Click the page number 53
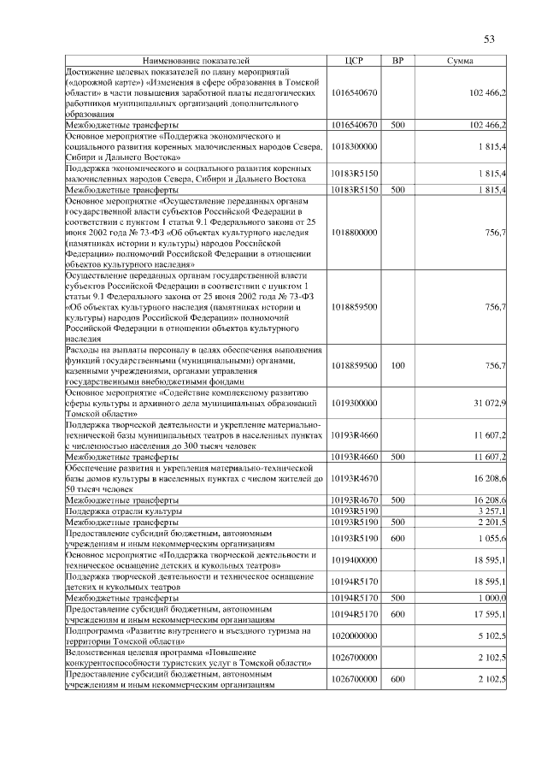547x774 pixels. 490,38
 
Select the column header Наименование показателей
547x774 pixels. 196,62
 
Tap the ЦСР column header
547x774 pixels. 354,62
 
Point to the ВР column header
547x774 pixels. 397,62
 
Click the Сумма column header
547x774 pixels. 462,62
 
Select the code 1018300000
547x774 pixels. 354,146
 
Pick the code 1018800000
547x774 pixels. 354,232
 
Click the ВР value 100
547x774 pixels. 397,365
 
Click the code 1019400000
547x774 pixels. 354,559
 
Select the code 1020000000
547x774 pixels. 354,635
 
